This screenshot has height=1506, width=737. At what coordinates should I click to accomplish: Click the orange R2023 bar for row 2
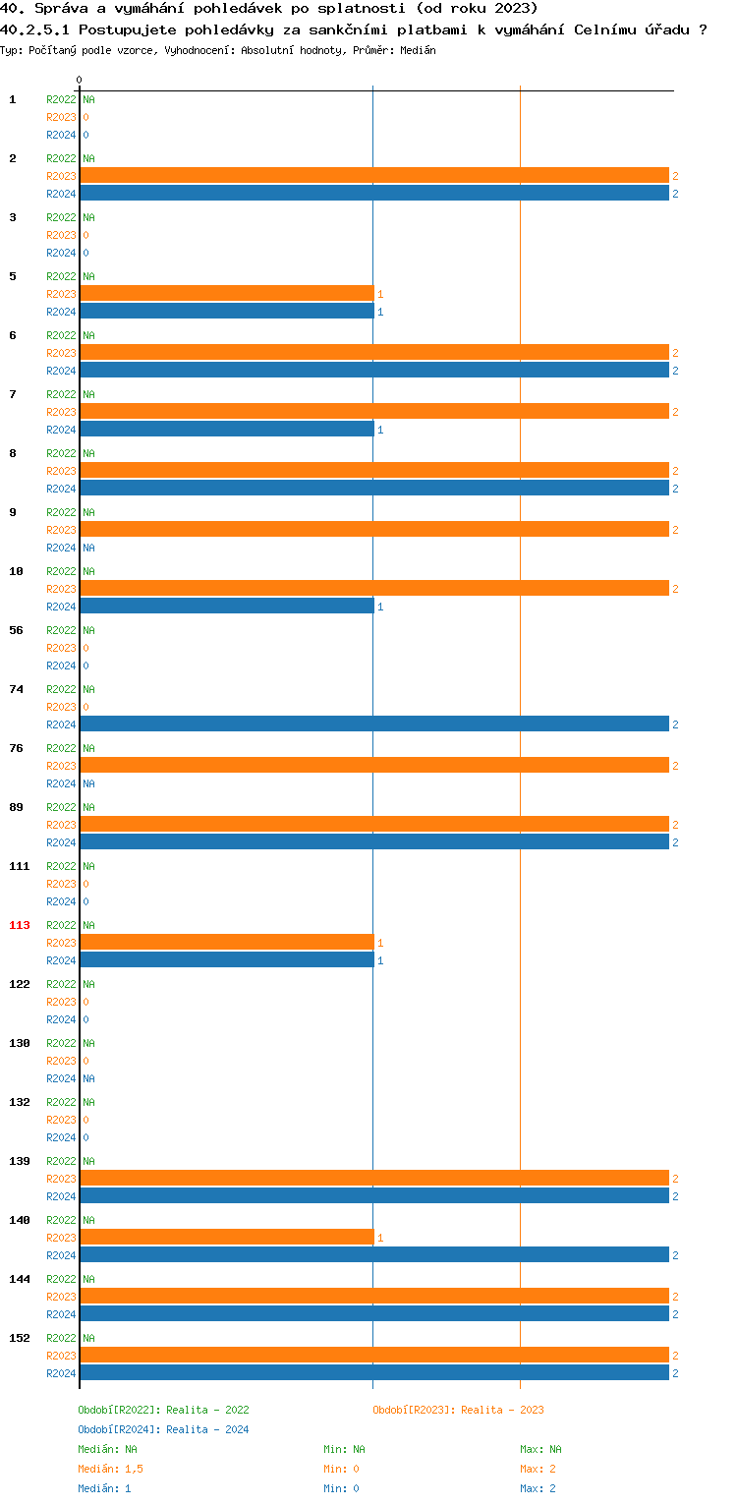[x=374, y=176]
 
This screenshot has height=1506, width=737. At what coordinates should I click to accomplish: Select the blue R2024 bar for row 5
[x=227, y=312]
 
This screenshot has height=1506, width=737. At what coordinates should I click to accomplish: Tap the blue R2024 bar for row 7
[x=227, y=430]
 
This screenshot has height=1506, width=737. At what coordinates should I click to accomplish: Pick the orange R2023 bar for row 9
[x=374, y=530]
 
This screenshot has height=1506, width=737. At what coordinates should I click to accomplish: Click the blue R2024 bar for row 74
[x=374, y=724]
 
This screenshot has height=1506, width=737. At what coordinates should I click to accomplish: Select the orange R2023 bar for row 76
[x=374, y=766]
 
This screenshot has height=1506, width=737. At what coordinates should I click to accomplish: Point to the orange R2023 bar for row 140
[x=227, y=1238]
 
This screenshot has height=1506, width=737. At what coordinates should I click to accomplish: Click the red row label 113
[x=20, y=925]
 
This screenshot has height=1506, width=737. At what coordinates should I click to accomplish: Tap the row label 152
[x=20, y=1338]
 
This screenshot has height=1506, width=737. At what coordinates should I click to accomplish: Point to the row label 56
[x=17, y=630]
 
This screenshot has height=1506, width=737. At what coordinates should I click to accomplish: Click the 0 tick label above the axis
[x=80, y=80]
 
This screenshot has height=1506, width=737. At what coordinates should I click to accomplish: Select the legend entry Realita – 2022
[x=163, y=1410]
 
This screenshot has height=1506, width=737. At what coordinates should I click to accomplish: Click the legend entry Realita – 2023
[x=458, y=1410]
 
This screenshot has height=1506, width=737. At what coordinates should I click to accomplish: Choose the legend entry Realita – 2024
[x=163, y=1429]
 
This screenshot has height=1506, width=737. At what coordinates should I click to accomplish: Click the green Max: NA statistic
[x=540, y=1449]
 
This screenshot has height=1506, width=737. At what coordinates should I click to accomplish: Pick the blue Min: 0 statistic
[x=341, y=1488]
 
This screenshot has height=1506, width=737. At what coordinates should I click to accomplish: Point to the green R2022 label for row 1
[x=61, y=99]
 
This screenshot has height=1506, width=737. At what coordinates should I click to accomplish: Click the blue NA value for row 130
[x=88, y=1078]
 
